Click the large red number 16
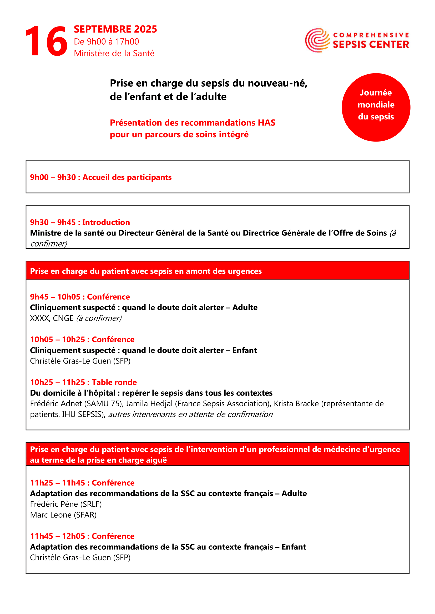click(x=46, y=41)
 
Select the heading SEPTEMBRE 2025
click(x=115, y=29)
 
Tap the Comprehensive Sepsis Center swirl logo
click(x=318, y=40)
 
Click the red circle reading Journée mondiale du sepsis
click(x=376, y=107)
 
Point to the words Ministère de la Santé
click(x=114, y=53)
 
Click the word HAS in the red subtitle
click(x=266, y=123)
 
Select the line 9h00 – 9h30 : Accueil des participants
click(x=101, y=177)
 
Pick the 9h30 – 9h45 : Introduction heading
click(x=80, y=222)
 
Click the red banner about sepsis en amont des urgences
click(x=217, y=271)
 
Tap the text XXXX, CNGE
click(x=52, y=318)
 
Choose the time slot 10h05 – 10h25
click(x=57, y=339)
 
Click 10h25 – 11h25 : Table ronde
click(x=83, y=382)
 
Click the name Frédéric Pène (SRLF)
click(x=66, y=504)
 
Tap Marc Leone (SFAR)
click(x=63, y=515)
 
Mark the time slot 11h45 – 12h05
click(x=57, y=536)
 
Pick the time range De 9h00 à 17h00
click(x=106, y=42)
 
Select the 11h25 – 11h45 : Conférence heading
click(x=82, y=483)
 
